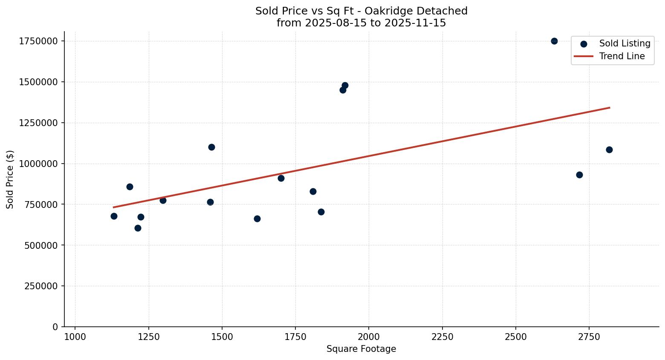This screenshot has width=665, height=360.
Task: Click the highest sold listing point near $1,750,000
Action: click(x=554, y=41)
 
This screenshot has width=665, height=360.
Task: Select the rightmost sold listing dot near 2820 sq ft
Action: click(x=609, y=150)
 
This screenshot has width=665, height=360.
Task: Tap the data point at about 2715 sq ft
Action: click(x=579, y=175)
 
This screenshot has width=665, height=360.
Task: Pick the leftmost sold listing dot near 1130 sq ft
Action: click(x=114, y=216)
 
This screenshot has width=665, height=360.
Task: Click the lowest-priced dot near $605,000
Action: click(x=138, y=228)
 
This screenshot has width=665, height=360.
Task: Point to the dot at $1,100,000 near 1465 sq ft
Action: click(x=211, y=147)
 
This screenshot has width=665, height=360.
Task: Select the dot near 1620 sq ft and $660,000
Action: click(x=257, y=219)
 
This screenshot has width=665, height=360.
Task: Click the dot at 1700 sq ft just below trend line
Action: click(x=281, y=178)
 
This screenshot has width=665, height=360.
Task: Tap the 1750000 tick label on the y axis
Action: click(x=38, y=41)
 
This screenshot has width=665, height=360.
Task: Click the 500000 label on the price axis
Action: click(x=41, y=245)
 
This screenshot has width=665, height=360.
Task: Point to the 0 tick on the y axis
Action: click(x=55, y=327)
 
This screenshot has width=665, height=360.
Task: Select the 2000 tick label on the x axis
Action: click(x=369, y=337)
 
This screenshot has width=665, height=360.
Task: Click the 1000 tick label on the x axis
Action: click(x=75, y=337)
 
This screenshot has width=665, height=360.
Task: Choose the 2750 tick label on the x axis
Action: click(x=589, y=337)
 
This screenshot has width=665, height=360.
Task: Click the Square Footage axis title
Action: click(x=361, y=349)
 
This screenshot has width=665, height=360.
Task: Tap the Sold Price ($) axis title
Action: click(x=10, y=179)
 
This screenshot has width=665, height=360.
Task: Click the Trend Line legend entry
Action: click(x=622, y=56)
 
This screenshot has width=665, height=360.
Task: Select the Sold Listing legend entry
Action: click(x=625, y=43)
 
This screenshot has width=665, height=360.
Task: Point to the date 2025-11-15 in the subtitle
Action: click(x=415, y=23)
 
